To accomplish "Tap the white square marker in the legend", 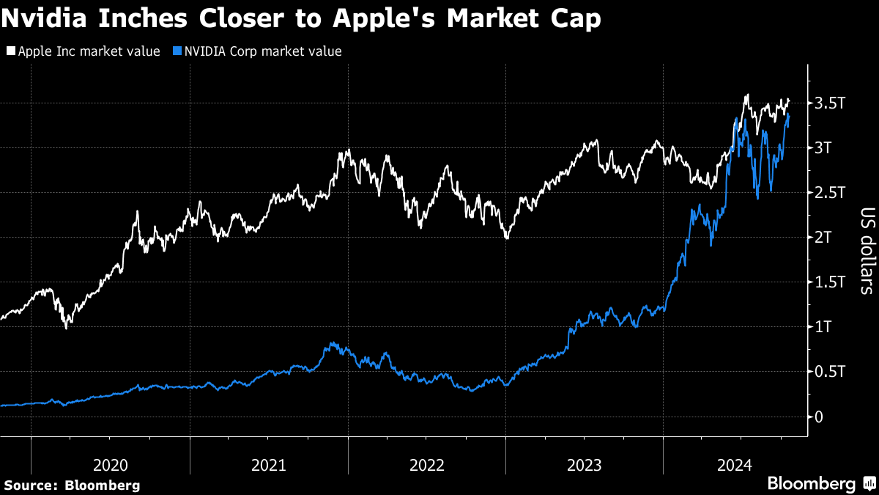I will pyautogui.click(x=10, y=51).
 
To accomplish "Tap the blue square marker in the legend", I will pyautogui.click(x=176, y=51).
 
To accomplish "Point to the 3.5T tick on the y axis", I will pyautogui.click(x=831, y=103).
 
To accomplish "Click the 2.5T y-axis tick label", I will pyautogui.click(x=831, y=193).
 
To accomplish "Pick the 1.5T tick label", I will pyautogui.click(x=831, y=282).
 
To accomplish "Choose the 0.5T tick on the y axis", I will pyautogui.click(x=831, y=372).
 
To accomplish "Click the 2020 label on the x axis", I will pyautogui.click(x=111, y=465).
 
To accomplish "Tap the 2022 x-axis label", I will pyautogui.click(x=427, y=465).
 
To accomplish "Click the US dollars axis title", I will pyautogui.click(x=864, y=251).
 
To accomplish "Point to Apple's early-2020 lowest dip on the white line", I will pyautogui.click(x=66, y=327).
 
